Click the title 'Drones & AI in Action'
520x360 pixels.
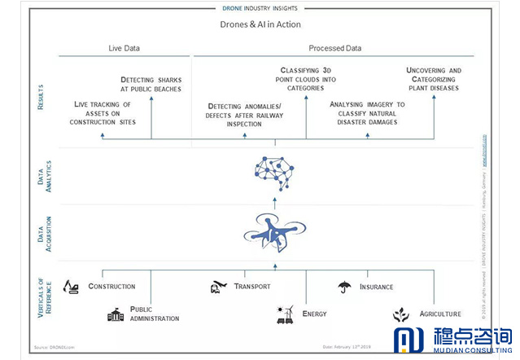(x=260, y=25)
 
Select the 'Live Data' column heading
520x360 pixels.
(x=125, y=49)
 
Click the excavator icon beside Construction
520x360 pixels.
(x=72, y=287)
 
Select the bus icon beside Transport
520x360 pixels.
(x=217, y=287)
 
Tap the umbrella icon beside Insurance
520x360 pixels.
(x=345, y=287)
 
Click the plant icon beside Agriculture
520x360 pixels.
(x=400, y=314)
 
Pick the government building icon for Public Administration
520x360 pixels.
(x=116, y=314)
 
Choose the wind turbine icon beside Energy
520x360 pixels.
(x=284, y=314)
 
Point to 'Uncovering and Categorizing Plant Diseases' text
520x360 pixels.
(x=433, y=80)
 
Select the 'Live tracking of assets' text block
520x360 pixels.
(x=103, y=115)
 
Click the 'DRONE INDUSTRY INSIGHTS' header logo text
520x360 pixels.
(x=260, y=7)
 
